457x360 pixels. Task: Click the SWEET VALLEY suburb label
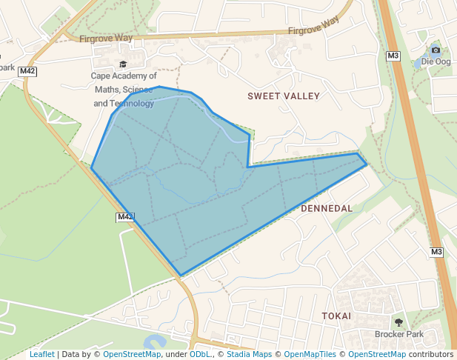(284, 96)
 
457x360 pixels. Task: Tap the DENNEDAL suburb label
(327, 209)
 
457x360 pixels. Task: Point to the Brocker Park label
(398, 334)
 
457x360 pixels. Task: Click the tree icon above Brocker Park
(399, 322)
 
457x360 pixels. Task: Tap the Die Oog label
(436, 61)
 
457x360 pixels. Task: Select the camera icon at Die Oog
(436, 50)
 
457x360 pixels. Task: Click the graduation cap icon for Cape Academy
(123, 64)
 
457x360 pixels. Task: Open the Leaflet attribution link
(42, 354)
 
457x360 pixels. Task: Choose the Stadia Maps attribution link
(249, 354)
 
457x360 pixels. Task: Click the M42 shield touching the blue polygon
(124, 217)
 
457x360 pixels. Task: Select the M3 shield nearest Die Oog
(393, 56)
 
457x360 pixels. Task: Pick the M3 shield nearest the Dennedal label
(436, 252)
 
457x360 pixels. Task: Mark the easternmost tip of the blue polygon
(367, 164)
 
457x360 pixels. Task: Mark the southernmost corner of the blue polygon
(181, 276)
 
